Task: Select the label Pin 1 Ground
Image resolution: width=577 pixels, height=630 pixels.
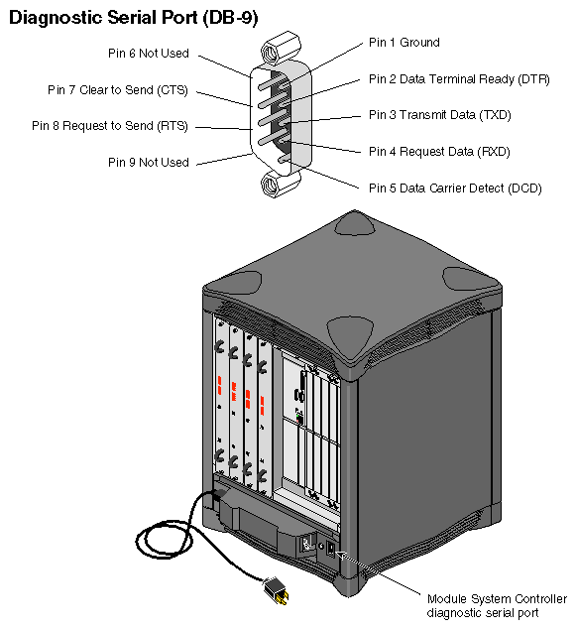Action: click(404, 43)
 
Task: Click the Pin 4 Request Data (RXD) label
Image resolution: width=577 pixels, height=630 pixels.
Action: click(439, 151)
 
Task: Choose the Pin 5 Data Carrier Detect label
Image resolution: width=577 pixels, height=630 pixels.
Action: click(455, 188)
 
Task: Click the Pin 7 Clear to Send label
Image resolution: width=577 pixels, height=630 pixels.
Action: click(117, 90)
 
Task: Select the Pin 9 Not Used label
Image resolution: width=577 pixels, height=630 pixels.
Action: click(148, 162)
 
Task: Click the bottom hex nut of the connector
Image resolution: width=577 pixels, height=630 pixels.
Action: click(272, 184)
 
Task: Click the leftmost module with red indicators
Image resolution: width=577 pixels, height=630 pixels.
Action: click(220, 407)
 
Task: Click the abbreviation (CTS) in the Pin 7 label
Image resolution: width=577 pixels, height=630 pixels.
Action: click(171, 90)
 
